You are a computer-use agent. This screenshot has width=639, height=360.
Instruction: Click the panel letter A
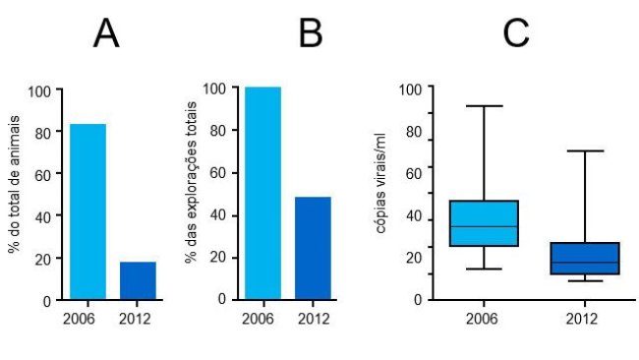click(106, 34)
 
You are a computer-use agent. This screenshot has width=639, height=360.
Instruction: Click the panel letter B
click(311, 34)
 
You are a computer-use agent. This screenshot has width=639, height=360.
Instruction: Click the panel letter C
click(515, 34)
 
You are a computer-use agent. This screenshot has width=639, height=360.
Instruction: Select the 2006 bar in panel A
click(87, 211)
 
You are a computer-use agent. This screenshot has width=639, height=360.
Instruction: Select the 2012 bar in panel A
click(138, 280)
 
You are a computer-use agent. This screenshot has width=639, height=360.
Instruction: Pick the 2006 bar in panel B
click(262, 193)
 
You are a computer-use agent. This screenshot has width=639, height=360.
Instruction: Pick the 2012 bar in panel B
click(313, 248)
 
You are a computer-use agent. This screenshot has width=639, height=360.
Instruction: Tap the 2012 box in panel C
click(584, 258)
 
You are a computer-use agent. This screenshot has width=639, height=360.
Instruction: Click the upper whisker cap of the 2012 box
click(584, 151)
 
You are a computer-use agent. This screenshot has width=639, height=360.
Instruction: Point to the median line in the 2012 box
click(584, 263)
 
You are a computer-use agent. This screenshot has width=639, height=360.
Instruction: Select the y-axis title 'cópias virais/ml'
click(380, 191)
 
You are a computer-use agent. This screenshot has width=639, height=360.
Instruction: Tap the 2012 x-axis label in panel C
click(584, 319)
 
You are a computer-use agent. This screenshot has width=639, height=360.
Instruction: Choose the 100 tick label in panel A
click(38, 91)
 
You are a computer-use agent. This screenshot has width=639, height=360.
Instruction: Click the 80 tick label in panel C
click(414, 132)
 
